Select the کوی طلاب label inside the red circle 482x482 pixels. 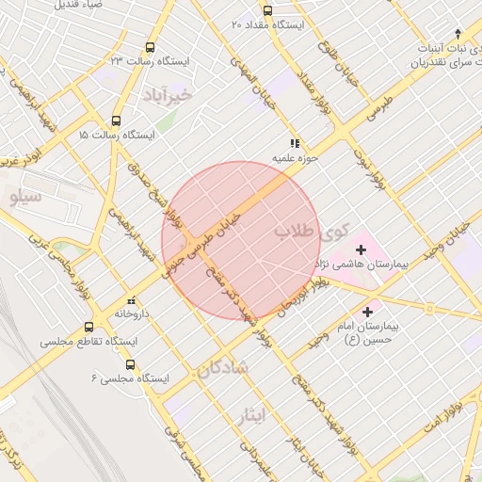(311, 232)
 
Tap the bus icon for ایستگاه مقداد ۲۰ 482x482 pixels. (267, 10)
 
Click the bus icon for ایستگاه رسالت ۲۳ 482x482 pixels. (151, 47)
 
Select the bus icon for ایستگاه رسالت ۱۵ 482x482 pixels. (116, 120)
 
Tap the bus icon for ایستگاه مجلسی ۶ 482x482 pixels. (130, 364)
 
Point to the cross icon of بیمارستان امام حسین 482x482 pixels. (367, 310)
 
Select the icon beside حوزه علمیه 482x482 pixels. (295, 144)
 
